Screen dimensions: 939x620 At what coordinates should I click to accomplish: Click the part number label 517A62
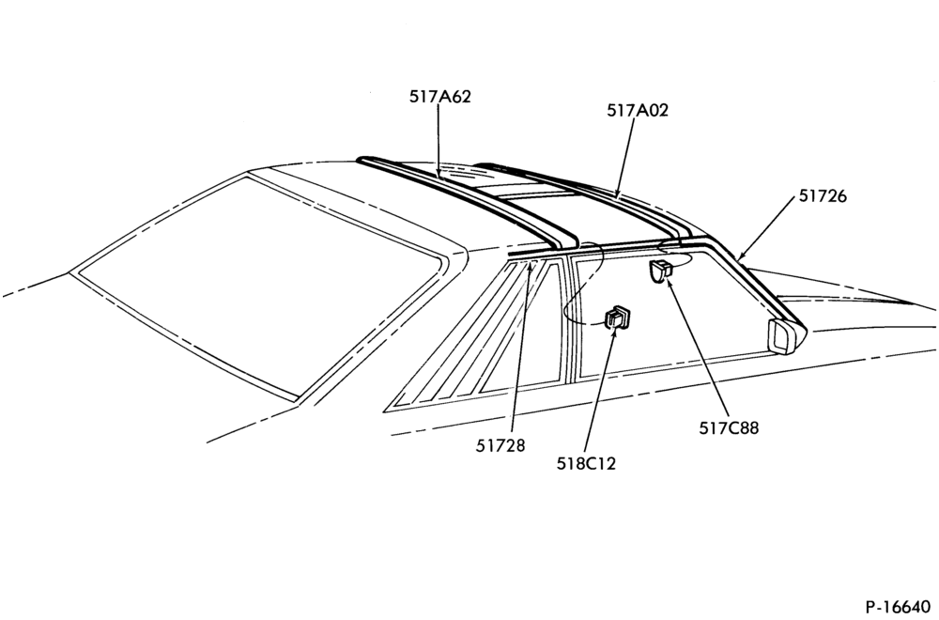pos(440,97)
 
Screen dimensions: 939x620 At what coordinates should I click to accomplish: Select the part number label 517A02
pos(638,110)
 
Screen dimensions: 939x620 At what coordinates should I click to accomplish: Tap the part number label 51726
pos(823,196)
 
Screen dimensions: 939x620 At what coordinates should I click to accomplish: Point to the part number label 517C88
pos(729,428)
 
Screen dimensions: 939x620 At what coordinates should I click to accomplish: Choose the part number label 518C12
pos(586,464)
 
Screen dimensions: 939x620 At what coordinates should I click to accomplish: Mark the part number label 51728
pos(500,445)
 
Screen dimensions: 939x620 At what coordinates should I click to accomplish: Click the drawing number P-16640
pos(898,607)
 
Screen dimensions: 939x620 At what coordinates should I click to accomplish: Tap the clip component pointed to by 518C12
pos(618,317)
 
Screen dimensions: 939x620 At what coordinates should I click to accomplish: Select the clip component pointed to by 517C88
pos(661,271)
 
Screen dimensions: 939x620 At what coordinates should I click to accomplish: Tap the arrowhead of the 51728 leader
pos(530,267)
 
